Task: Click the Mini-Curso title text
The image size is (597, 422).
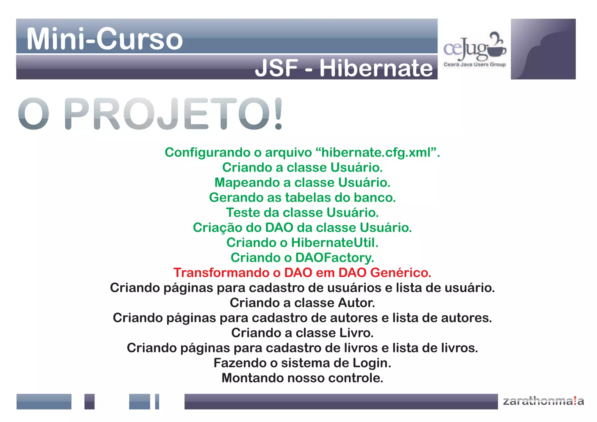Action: [104, 39]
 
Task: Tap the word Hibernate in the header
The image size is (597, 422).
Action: [376, 68]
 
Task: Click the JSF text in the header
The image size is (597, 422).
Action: [277, 68]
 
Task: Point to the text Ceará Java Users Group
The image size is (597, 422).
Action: [474, 64]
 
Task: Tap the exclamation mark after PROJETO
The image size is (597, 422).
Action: [278, 114]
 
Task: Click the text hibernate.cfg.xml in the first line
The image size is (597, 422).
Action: [376, 153]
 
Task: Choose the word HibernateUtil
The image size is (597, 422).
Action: [334, 243]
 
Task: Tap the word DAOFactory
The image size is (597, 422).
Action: [334, 258]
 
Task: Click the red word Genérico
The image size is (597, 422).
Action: [401, 273]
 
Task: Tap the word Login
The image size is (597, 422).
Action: [372, 363]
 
